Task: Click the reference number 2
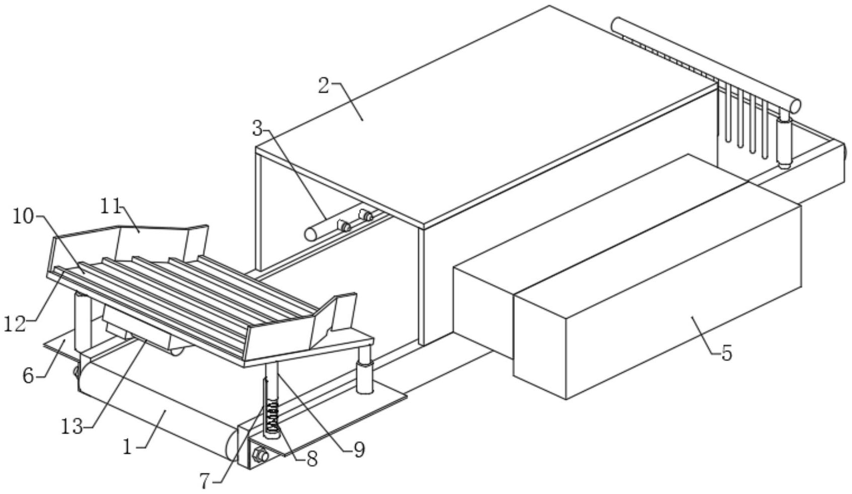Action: coord(325,86)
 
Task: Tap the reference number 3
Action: coord(258,128)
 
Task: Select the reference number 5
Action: coord(726,353)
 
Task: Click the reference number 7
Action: coord(204,481)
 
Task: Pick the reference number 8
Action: coord(312,458)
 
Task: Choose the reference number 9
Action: coord(359,450)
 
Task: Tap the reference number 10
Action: coord(23,217)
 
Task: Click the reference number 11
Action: coord(110,206)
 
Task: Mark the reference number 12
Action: coord(15,324)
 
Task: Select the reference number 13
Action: coord(71,427)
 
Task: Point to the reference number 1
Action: coord(128,446)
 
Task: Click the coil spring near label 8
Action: coord(272,415)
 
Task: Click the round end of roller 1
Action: coord(233,444)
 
